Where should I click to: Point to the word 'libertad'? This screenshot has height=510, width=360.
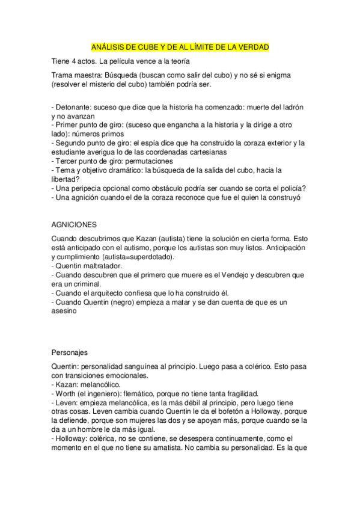click(66, 179)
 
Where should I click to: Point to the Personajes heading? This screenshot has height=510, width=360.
click(70, 353)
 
